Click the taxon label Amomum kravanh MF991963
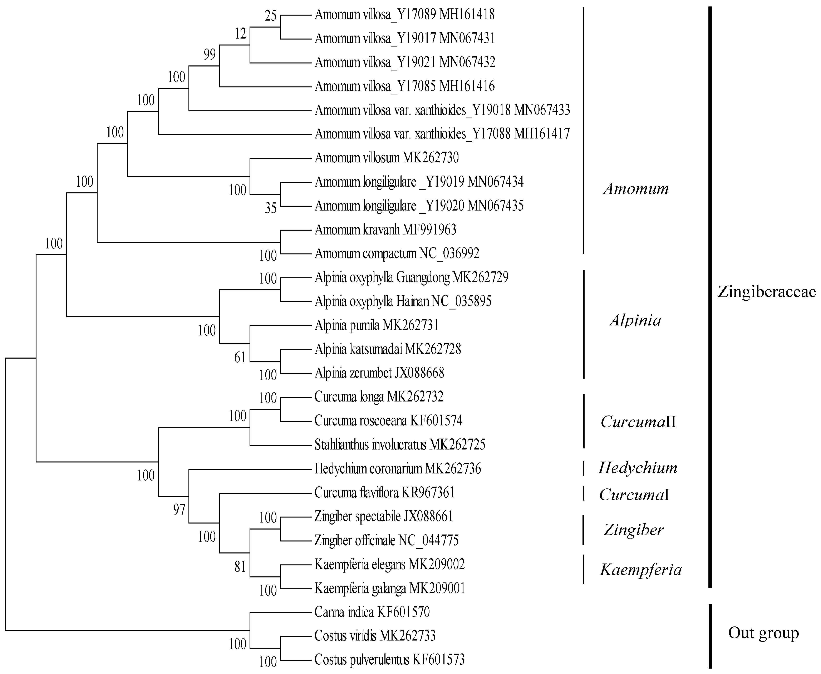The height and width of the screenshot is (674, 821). click(x=385, y=230)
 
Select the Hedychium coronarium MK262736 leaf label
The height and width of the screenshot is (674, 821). click(x=398, y=469)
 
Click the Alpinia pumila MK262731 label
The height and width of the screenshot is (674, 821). click(x=376, y=325)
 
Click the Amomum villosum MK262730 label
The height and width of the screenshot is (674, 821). click(x=387, y=158)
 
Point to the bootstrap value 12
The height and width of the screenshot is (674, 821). click(x=240, y=34)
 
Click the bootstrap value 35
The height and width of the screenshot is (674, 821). click(x=271, y=208)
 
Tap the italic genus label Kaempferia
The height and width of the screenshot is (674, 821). click(x=641, y=570)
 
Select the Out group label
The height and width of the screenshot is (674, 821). click(x=763, y=633)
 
